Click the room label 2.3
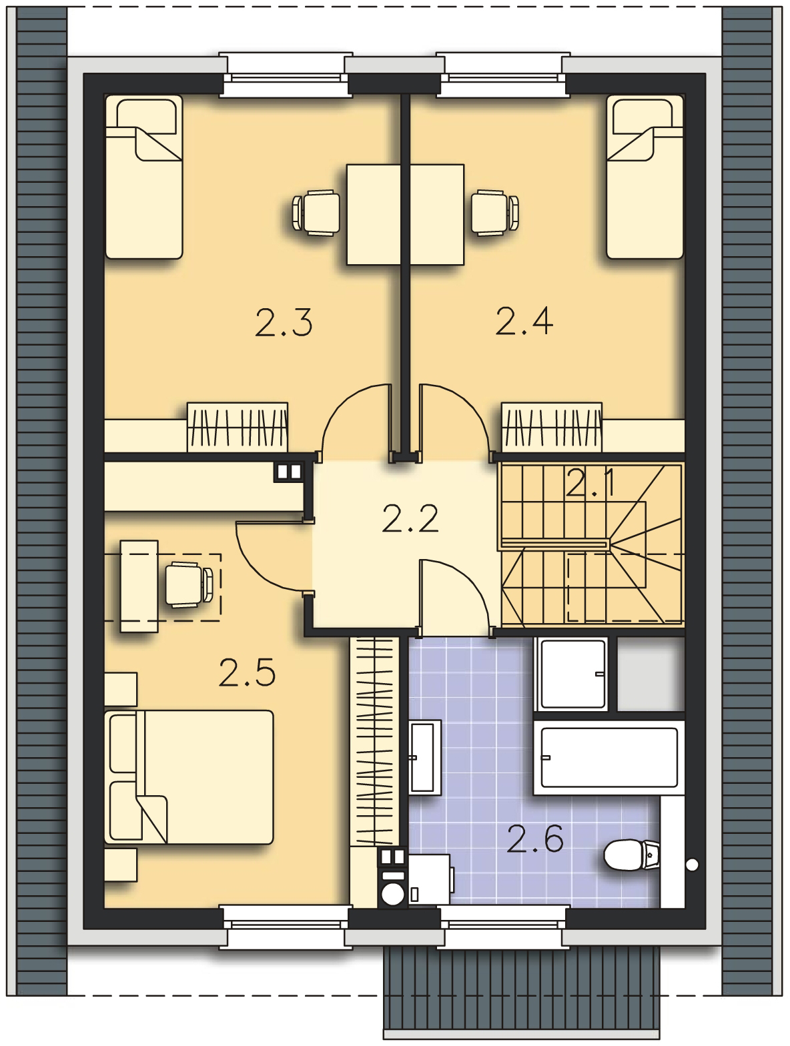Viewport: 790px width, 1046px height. coord(284,323)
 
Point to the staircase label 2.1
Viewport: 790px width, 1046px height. coord(590,483)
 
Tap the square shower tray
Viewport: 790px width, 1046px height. coord(571,674)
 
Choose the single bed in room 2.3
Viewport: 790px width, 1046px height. coord(144,177)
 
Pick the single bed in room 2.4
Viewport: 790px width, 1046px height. coord(645,177)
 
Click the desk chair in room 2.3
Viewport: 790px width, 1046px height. coord(316,213)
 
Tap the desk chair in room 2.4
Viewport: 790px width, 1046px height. coord(495,213)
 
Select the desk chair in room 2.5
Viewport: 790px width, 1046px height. coord(189,585)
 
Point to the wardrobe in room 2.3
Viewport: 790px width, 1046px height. coord(238,427)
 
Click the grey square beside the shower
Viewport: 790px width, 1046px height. coord(651,674)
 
